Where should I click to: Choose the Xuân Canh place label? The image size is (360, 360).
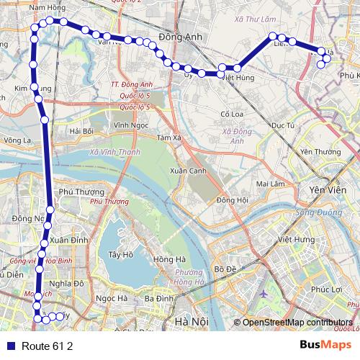[185, 171]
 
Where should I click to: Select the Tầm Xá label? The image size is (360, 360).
[168, 138]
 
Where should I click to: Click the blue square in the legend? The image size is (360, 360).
[10, 346]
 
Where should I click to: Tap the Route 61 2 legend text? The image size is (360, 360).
[48, 346]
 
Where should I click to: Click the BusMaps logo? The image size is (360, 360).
[323, 346]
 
